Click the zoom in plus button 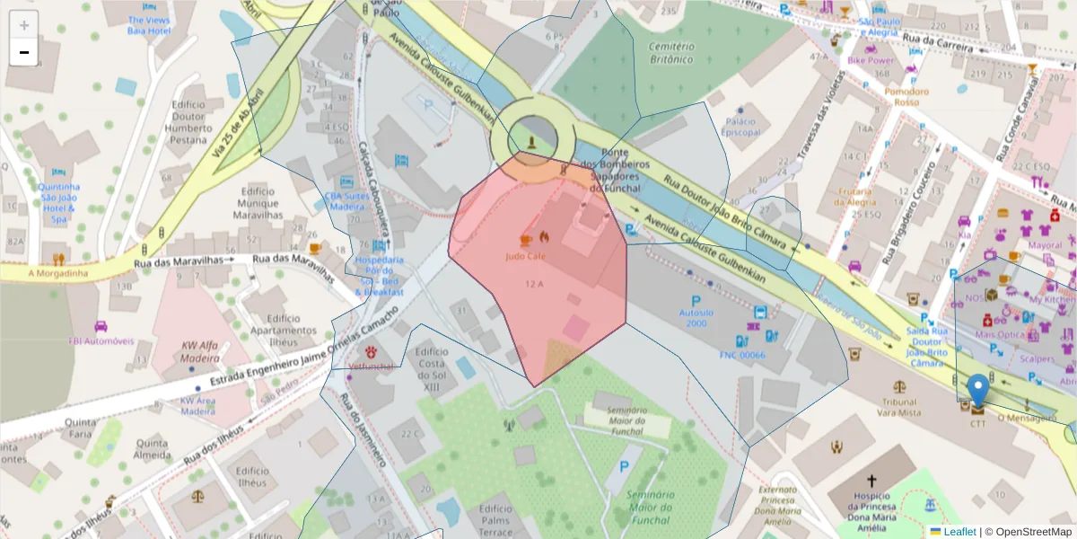coord(24,26)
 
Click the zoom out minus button coord(24,52)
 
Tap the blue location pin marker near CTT coord(978,393)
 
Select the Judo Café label coord(526,256)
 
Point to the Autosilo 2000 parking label coord(696,317)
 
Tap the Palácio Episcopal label coord(741,127)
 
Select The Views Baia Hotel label coord(149,25)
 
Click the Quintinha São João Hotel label coord(59,202)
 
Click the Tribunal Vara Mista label coord(899,407)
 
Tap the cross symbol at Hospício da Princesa coord(871,482)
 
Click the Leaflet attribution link coord(959,532)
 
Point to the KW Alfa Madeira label coord(201,351)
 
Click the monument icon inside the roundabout coord(533,142)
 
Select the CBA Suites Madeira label coord(346,200)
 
